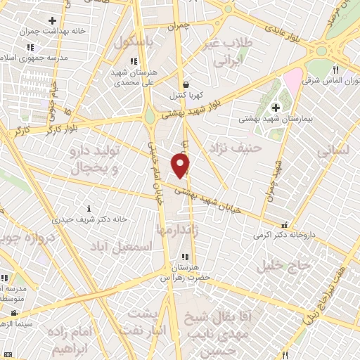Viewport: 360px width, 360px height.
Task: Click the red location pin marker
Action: tap(181, 165)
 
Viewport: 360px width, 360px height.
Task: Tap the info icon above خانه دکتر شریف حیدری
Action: tap(89, 208)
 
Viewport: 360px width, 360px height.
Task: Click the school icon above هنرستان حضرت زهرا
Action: tap(184, 257)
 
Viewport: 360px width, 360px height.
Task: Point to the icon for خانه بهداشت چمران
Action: tap(53, 20)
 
